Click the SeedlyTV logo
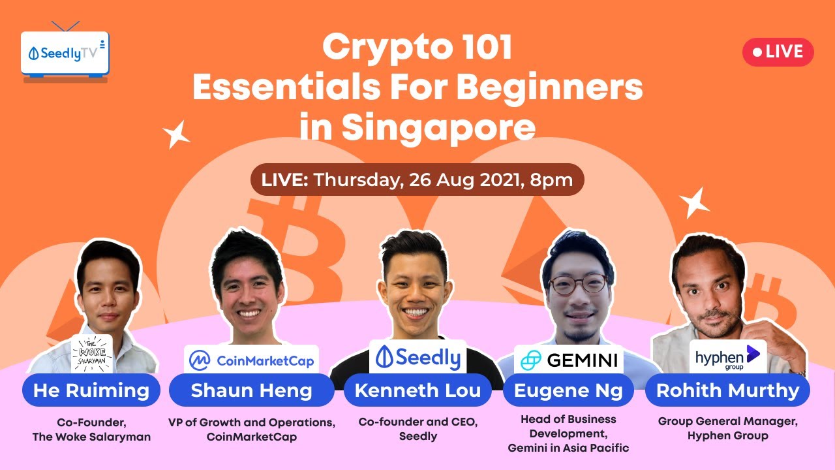tap(65, 54)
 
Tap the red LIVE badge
tap(778, 52)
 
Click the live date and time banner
tap(417, 180)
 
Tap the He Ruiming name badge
tap(91, 390)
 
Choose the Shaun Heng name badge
tap(251, 390)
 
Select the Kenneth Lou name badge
tap(417, 390)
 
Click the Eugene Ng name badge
tap(568, 390)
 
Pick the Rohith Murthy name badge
tap(727, 390)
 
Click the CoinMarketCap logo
tap(252, 360)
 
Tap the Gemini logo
tap(568, 360)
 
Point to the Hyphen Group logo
tap(727, 357)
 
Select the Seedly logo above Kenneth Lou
tap(417, 356)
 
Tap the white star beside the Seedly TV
tap(176, 134)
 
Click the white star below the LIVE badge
tap(694, 202)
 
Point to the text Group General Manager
tap(727, 422)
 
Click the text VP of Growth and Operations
tap(252, 422)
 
